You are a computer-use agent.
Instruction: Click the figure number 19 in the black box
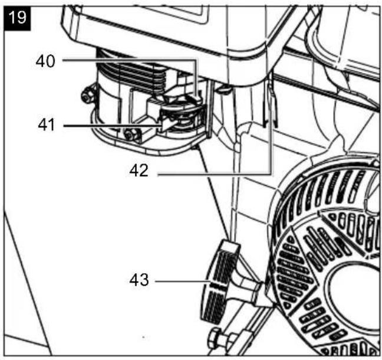coord(17,18)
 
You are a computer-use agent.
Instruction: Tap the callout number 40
coord(45,61)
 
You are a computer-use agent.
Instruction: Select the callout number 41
coord(47,125)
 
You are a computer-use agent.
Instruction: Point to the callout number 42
coord(139,171)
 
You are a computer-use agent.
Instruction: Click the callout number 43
coord(139,280)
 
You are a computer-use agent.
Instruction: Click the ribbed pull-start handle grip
coord(218,284)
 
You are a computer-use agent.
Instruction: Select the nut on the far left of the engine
coord(87,97)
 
